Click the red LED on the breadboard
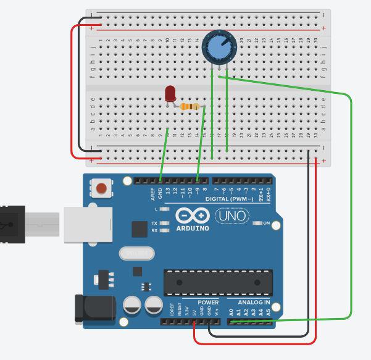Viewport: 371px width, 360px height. click(170, 94)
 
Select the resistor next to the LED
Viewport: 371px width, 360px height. click(191, 107)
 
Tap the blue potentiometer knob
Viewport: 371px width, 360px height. click(217, 47)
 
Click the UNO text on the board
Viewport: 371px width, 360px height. click(232, 216)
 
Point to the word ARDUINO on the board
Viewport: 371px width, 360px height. click(193, 228)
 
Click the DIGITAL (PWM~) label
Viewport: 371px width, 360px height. click(229, 199)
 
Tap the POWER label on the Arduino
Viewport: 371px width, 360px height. click(208, 303)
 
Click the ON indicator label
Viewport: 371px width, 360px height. click(267, 223)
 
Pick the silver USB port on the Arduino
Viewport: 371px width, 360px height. click(88, 225)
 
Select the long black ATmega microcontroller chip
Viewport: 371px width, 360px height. click(217, 282)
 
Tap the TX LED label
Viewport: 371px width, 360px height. click(154, 223)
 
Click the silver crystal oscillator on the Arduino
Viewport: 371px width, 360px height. click(136, 253)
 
